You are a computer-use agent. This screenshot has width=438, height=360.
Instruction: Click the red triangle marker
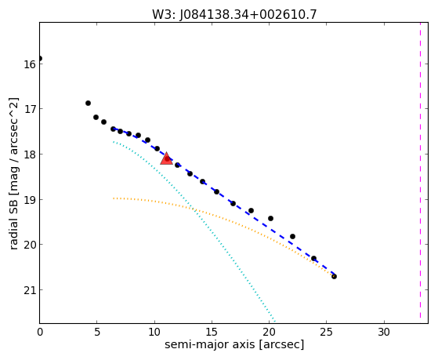(166, 159)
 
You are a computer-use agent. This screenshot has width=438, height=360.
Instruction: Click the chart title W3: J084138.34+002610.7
(234, 14)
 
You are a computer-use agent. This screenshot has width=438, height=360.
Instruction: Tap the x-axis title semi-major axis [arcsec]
(234, 344)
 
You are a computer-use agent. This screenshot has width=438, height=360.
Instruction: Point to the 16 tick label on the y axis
(29, 64)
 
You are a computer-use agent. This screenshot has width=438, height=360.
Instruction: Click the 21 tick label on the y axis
(29, 290)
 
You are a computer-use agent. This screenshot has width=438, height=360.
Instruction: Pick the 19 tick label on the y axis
(29, 200)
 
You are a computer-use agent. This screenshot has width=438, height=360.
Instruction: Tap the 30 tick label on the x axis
(384, 333)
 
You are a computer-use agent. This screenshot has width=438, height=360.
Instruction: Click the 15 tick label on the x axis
(212, 333)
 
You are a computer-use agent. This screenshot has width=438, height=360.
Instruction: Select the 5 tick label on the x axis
(97, 333)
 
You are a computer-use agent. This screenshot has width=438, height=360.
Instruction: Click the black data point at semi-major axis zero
(40, 59)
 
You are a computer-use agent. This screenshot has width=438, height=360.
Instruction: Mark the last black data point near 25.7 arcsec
(334, 276)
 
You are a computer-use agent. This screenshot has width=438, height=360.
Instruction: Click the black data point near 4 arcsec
(88, 104)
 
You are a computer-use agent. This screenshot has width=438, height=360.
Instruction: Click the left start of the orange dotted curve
(114, 198)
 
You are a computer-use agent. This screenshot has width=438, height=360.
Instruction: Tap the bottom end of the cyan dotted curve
(275, 321)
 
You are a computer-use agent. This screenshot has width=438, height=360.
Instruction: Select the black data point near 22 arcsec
(292, 236)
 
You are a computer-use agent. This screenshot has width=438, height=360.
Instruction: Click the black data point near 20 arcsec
(270, 218)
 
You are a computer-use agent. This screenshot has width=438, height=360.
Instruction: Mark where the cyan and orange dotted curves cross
(193, 209)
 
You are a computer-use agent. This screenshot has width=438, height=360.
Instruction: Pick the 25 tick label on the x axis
(327, 333)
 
